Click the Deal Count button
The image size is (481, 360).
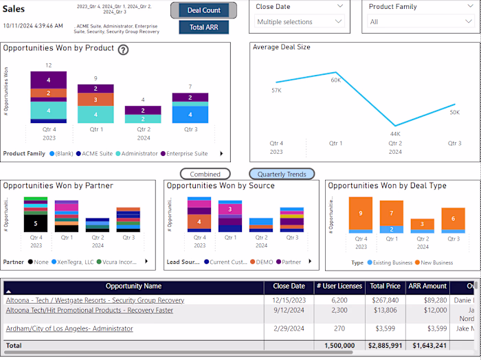203,10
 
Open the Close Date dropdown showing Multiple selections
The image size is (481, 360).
299,22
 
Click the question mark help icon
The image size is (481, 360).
123,49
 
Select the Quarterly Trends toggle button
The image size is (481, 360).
282,175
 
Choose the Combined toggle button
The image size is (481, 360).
205,175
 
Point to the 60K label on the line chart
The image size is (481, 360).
336,80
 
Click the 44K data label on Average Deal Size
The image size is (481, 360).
395,134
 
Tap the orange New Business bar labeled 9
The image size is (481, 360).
360,213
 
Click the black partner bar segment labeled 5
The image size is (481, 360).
36,223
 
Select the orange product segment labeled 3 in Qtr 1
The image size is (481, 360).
96,100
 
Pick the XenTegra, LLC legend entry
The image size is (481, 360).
74,262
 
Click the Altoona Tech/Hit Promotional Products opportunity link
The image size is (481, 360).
89,311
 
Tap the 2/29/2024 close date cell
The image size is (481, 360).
289,329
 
